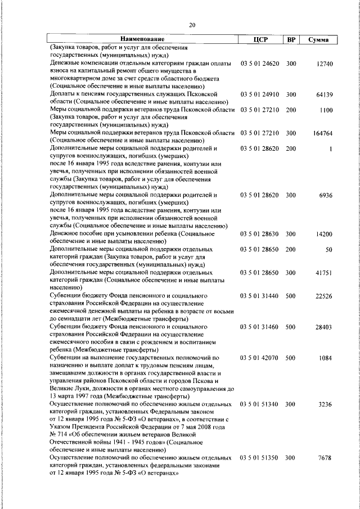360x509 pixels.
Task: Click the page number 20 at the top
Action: pos(192,25)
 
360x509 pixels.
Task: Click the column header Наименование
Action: pos(142,39)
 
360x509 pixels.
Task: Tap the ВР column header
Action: pos(291,39)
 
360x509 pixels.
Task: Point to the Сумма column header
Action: pos(319,39)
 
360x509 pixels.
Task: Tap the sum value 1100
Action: pos(326,110)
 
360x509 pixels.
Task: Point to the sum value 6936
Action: pos(326,195)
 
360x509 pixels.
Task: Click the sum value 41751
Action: pos(325,272)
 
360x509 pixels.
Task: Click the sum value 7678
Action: pos(326,458)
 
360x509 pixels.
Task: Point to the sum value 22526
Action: pos(325,296)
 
